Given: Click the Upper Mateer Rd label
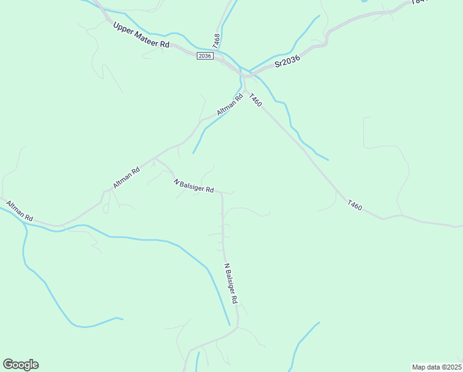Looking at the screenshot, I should click(141, 35).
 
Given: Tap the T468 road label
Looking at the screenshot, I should click(216, 42).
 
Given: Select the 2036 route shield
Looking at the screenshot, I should click(205, 56).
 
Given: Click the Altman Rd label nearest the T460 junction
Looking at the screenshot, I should click(230, 104).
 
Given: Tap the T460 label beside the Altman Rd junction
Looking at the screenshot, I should click(254, 99).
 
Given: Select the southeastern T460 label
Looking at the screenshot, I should click(354, 205).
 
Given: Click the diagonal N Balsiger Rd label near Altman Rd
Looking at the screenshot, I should click(194, 185).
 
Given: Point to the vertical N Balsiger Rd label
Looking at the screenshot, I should click(230, 283).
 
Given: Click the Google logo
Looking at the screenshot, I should click(20, 364).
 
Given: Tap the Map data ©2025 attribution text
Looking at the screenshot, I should click(436, 366).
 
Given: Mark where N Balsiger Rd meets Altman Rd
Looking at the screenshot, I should click(155, 159).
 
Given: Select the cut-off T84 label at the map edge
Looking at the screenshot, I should click(418, 2).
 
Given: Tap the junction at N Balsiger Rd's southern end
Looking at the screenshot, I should click(237, 327).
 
